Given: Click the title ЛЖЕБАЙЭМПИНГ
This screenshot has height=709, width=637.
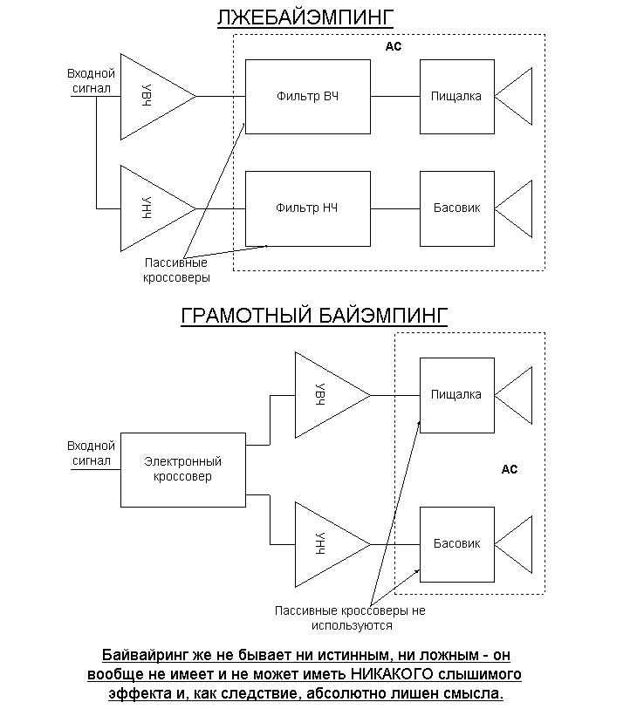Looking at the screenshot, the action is point(305,17).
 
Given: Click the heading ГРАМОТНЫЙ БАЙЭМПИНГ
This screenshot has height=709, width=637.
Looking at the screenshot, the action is point(314,316).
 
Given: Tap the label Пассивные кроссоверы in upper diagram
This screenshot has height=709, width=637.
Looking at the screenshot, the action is point(176,270).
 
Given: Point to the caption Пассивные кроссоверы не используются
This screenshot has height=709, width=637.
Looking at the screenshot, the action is point(350,618).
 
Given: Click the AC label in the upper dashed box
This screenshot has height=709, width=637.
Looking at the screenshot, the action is point(394,46).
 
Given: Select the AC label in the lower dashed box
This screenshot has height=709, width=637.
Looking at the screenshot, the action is point(509,469).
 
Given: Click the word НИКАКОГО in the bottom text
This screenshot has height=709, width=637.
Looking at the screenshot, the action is point(392,674).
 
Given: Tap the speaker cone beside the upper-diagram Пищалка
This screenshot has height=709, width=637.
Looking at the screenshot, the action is point(513,96).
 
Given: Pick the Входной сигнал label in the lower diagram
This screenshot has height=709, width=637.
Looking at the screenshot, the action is point(91,453).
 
